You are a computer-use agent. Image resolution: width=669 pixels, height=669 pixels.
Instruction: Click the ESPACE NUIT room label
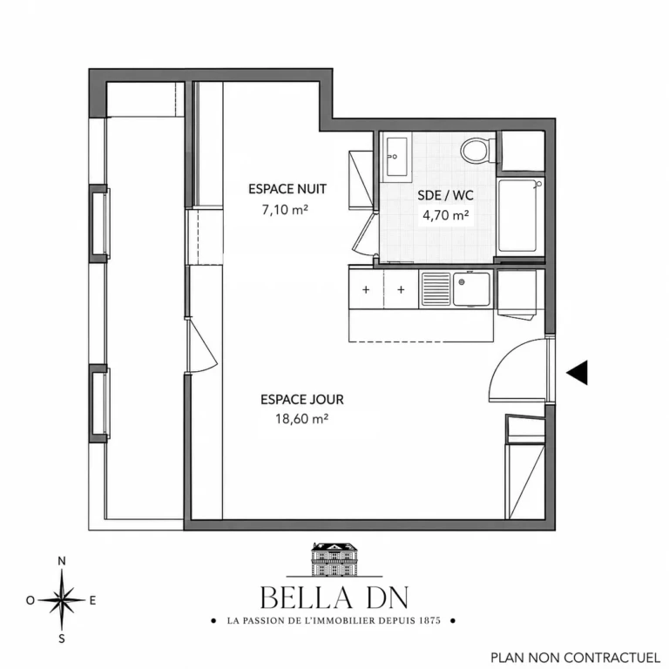(287, 189)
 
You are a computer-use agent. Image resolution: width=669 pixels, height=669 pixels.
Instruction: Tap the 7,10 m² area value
(285, 210)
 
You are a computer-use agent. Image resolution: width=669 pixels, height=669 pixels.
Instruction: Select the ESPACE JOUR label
(302, 399)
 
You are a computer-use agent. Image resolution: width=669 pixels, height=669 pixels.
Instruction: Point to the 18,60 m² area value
(301, 419)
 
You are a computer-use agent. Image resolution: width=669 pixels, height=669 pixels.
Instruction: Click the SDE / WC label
(445, 195)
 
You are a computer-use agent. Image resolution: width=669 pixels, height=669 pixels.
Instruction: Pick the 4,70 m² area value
(446, 215)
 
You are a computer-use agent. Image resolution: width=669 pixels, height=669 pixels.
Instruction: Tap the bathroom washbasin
(396, 157)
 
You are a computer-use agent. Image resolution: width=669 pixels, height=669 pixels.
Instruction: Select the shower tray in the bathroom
(517, 216)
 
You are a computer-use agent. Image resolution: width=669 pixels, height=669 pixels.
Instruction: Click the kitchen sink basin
(471, 289)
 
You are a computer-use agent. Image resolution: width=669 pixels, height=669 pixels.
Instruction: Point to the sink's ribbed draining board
(436, 289)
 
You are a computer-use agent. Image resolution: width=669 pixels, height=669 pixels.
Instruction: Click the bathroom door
(363, 233)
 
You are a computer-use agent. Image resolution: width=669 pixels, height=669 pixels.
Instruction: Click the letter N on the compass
(62, 561)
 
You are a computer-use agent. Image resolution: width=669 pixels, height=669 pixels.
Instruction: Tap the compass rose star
(63, 599)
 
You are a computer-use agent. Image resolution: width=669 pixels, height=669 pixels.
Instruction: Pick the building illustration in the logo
(334, 558)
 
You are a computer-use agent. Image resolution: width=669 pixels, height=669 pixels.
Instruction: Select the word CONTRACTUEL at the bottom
(615, 658)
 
